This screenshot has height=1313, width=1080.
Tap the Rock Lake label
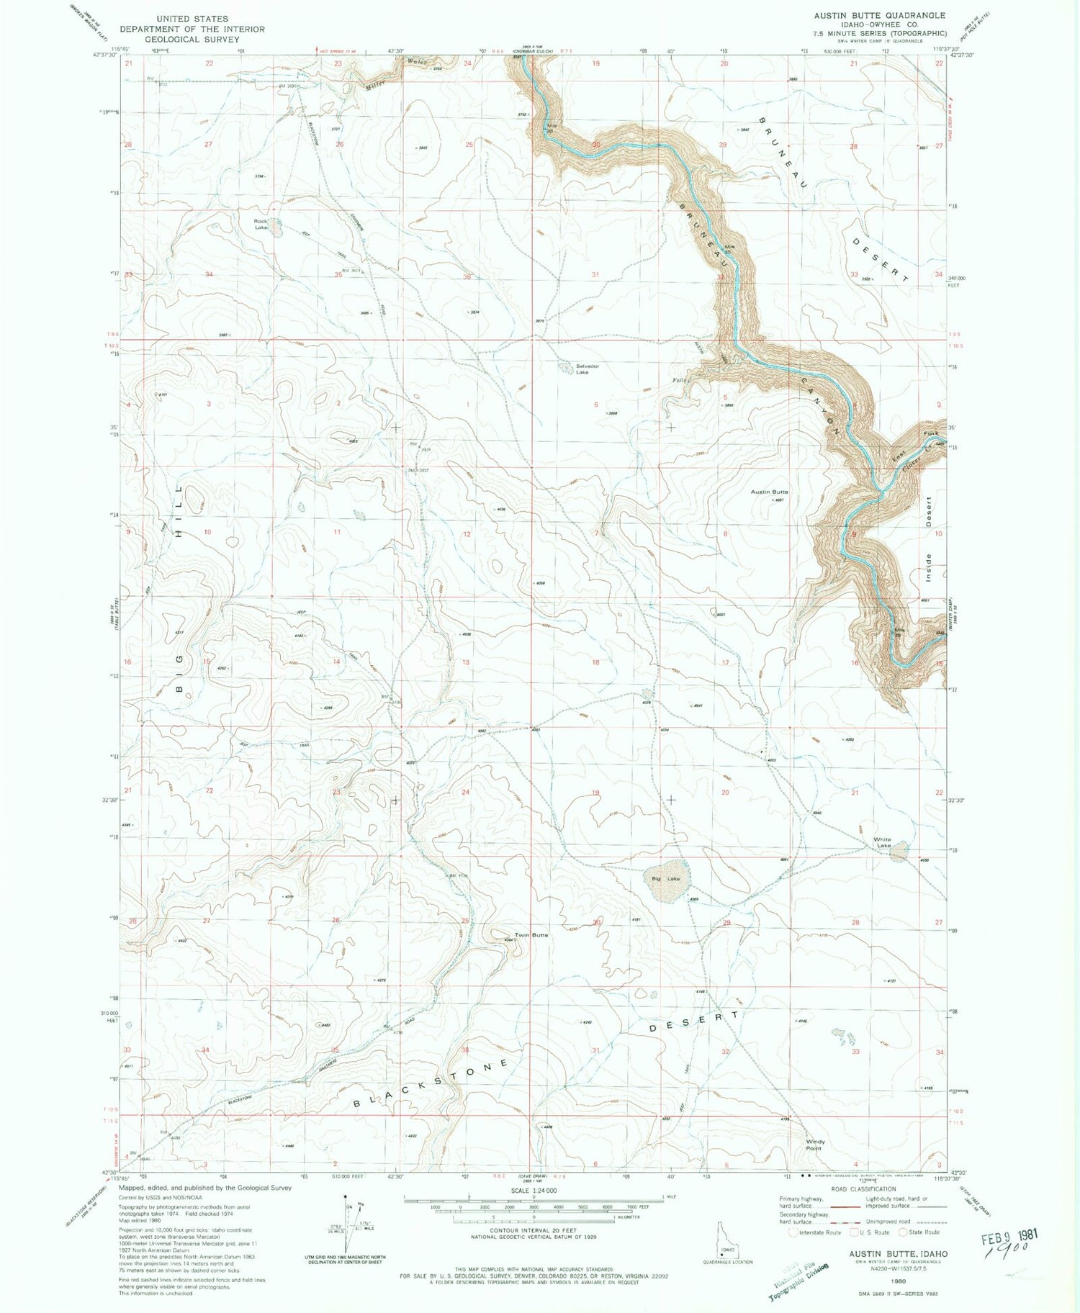pyautogui.click(x=260, y=224)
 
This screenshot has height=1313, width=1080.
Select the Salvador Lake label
pyautogui.click(x=587, y=369)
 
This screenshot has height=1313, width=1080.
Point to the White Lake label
pyautogui.click(x=882, y=842)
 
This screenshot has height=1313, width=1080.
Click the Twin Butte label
pyautogui.click(x=531, y=935)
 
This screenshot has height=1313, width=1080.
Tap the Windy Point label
pyautogui.click(x=815, y=1145)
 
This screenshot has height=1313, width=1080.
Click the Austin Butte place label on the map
pyautogui.click(x=769, y=492)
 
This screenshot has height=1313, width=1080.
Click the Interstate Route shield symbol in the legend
pyautogui.click(x=793, y=1232)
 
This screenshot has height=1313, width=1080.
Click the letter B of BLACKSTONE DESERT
pyautogui.click(x=358, y=1103)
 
